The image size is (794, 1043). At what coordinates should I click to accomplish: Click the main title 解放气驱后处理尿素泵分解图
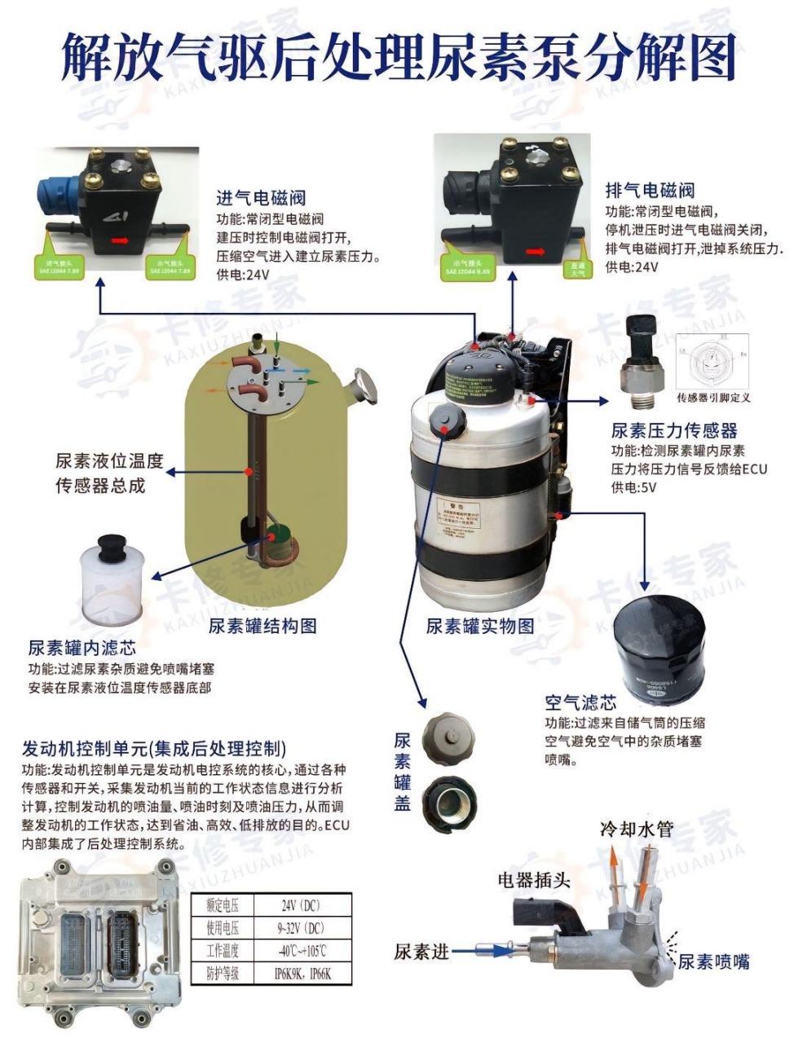[398, 58]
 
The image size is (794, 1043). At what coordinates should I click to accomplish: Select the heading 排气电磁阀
[650, 191]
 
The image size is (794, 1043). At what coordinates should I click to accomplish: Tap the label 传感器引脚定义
[713, 398]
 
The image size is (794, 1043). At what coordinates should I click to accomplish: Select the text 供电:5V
[633, 488]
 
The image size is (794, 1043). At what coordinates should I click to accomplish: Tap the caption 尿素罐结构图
[262, 626]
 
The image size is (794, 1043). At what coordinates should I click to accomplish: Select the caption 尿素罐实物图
[480, 626]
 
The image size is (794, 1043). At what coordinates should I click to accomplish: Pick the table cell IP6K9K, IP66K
[302, 974]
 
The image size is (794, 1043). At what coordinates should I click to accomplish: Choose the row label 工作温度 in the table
[223, 951]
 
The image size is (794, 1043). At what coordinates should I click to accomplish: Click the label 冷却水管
[637, 830]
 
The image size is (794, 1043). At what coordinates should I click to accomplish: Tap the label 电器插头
[534, 879]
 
